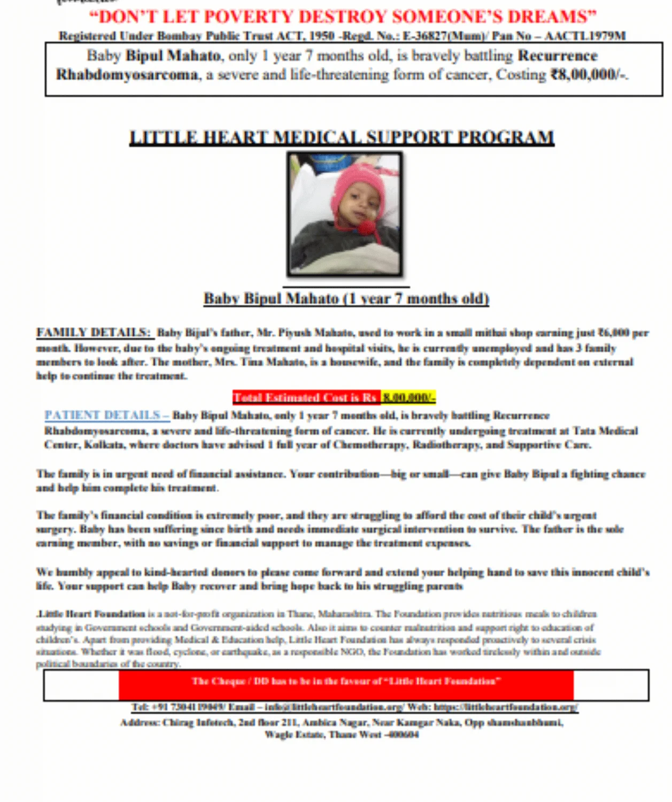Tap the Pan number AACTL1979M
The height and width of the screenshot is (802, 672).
(585, 36)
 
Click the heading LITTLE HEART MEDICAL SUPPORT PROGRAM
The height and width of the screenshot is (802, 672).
(342, 137)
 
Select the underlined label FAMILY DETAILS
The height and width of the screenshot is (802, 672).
(94, 333)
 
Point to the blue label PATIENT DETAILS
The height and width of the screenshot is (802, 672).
(106, 415)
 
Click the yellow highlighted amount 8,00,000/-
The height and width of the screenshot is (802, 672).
(409, 398)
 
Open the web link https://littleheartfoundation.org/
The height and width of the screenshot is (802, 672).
(506, 707)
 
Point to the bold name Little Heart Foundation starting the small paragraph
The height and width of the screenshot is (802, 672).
(91, 614)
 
